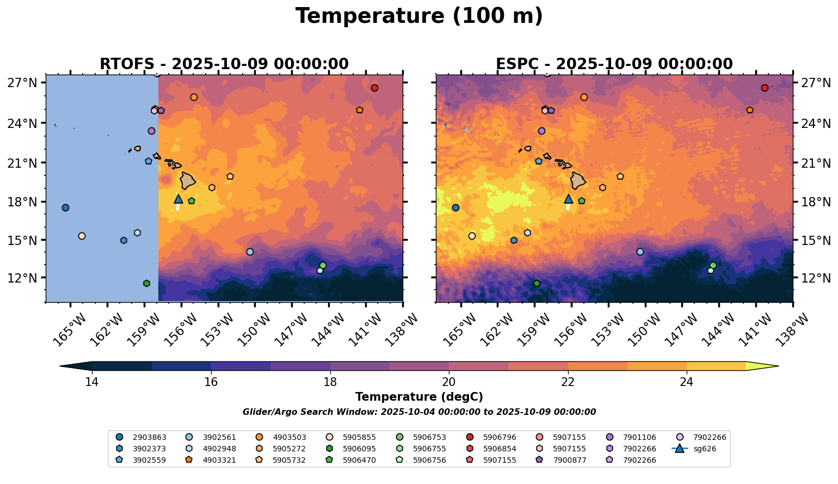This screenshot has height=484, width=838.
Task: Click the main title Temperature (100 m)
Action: (419, 16)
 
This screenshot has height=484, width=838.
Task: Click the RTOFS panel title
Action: (224, 64)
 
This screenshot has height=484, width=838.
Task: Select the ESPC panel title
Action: (614, 64)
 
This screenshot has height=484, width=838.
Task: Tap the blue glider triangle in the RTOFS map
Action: (178, 199)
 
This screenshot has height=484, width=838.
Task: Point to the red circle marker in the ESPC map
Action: (765, 88)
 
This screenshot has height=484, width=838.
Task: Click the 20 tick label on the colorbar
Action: (449, 382)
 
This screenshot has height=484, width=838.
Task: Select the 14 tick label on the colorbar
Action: (92, 382)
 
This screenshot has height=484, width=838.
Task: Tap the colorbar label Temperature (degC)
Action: (419, 397)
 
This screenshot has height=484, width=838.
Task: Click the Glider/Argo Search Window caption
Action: (419, 412)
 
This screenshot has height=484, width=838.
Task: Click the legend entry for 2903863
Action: (141, 437)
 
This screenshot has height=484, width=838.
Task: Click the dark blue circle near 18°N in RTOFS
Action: (65, 208)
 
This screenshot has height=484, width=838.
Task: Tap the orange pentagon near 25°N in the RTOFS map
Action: (360, 110)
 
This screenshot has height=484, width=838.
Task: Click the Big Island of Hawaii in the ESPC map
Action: (578, 180)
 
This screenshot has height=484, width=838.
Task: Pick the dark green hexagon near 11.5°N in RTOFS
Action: (146, 284)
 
